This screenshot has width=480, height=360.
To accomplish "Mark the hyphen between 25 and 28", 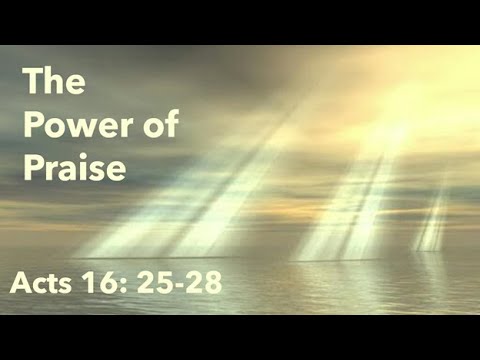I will pyautogui.click(x=180, y=286).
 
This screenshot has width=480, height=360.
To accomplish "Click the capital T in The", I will pyautogui.click(x=33, y=82).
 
